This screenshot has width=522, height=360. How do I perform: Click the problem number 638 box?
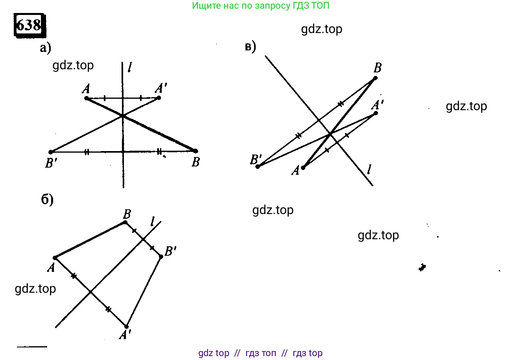tap(30, 25)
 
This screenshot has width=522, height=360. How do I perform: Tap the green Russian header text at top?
tap(260, 6)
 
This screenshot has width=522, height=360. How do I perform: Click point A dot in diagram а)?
tap(87, 98)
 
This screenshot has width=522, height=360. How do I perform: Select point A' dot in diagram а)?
tap(159, 98)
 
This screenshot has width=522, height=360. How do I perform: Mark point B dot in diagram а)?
tap(196, 151)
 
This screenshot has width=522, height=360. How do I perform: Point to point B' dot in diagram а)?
tap(51, 152)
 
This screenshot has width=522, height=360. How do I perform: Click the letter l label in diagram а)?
tap(130, 67)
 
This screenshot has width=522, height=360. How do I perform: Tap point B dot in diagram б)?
tap(125, 223)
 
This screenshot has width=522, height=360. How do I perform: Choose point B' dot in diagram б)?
tap(161, 257)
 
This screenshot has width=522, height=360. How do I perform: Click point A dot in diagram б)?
tap(55, 258)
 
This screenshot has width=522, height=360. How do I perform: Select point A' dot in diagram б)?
tap(126, 327)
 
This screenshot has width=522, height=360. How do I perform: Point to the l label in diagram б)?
tap(152, 222)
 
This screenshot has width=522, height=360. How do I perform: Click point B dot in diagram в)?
tap(375, 78)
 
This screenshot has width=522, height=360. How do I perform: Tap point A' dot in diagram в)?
tap(376, 113)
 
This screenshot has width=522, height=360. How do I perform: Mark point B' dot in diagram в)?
tap(258, 166)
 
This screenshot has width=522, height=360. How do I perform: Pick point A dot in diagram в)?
tap(303, 168)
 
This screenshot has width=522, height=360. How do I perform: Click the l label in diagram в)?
tap(369, 170)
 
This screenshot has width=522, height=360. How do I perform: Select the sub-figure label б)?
tap(47, 200)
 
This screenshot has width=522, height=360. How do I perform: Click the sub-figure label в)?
tap(251, 47)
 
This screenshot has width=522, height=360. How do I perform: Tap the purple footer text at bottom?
tap(260, 353)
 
